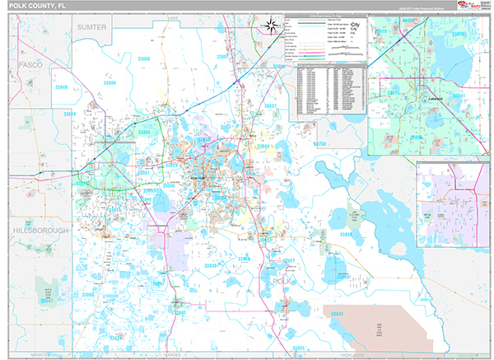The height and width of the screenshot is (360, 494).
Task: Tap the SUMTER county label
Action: pos(92,27)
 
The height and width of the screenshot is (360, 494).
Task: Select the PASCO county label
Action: pos(31,63)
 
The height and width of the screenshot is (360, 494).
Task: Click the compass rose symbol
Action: pos(269,28)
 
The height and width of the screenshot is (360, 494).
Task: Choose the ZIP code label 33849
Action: pos(62,86)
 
